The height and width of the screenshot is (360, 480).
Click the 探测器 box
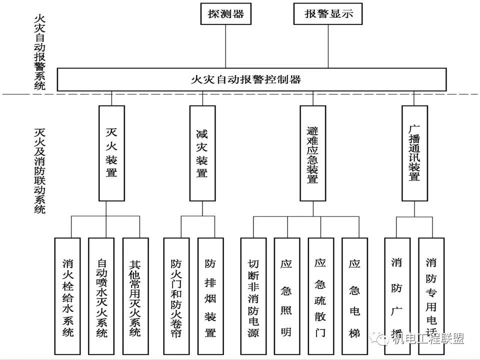(x=225, y=14)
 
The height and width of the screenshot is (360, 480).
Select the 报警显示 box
(x=328, y=14)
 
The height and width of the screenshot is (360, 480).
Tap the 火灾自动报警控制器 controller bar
(x=252, y=79)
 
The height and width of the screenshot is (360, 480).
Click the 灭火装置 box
(x=111, y=153)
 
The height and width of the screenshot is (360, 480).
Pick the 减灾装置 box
(x=202, y=153)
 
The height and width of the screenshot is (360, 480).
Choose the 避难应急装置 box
(x=312, y=153)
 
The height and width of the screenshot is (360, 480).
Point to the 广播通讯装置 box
(x=414, y=153)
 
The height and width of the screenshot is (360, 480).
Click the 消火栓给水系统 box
(x=67, y=296)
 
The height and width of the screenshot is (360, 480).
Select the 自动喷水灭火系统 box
(x=101, y=296)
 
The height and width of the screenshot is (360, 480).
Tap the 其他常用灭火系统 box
(x=135, y=296)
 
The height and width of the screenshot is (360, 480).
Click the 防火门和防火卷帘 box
(x=176, y=296)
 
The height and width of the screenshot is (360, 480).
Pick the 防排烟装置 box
(x=210, y=296)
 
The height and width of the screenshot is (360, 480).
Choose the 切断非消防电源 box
(x=253, y=296)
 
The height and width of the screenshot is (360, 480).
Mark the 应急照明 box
(x=286, y=296)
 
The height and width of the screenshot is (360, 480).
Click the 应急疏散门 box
(x=320, y=296)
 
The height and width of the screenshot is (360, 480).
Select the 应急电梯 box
(x=354, y=296)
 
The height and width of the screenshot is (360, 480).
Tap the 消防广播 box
(x=397, y=296)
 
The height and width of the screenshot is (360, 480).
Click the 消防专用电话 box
(x=431, y=296)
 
